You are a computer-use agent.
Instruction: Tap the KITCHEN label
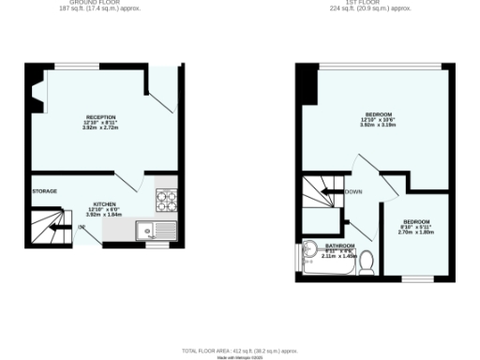coord(104,203)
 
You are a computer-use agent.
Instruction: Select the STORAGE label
coord(45,192)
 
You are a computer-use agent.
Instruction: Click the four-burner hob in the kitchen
coord(167,198)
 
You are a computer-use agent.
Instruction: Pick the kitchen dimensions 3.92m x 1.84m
coord(104,215)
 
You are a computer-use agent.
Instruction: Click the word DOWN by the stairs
coord(353,192)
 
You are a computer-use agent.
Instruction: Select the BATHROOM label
coord(339,247)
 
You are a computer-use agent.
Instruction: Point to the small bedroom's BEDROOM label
coord(417,221)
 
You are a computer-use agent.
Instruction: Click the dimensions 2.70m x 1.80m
coord(417,232)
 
